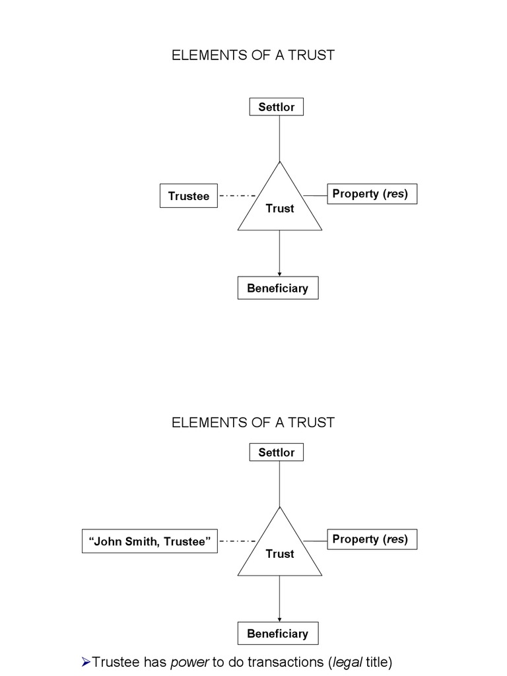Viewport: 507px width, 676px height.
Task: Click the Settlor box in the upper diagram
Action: (x=277, y=107)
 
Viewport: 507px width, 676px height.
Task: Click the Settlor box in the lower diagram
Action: (x=277, y=452)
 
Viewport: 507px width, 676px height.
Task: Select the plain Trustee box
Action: (x=188, y=196)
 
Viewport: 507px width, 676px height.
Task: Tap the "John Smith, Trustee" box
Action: (x=149, y=541)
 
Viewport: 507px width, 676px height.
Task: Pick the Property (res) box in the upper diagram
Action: (x=372, y=194)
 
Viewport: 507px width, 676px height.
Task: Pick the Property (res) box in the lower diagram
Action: (x=372, y=539)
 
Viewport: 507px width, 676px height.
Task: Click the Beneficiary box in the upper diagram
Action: (x=277, y=288)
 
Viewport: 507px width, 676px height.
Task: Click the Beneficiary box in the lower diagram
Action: (x=277, y=634)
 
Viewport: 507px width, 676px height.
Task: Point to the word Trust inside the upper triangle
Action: (x=280, y=209)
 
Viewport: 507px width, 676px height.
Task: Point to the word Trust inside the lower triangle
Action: (x=280, y=554)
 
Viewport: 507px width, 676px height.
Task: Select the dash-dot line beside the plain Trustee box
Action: (x=237, y=196)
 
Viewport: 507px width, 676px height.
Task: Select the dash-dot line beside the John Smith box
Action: (x=237, y=541)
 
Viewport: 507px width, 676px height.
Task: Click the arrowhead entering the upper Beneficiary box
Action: (x=280, y=273)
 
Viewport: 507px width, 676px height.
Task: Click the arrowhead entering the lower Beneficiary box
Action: (x=280, y=619)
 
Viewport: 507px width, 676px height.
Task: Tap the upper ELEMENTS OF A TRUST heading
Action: (x=253, y=55)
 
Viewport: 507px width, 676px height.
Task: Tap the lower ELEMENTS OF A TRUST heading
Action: (x=253, y=422)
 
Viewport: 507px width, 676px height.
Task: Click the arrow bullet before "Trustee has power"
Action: (x=85, y=661)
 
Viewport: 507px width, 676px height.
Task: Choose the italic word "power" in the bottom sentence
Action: (x=190, y=661)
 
